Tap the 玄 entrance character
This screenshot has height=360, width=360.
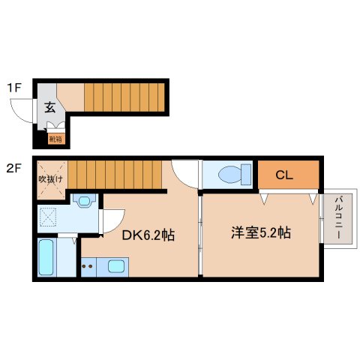tap(49, 107)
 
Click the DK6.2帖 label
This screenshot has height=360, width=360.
tap(148, 235)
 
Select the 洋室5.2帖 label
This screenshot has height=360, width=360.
tap(260, 233)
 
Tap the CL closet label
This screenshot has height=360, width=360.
tap(283, 176)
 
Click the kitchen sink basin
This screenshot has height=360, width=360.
tap(117, 265)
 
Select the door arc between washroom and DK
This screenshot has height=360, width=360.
tap(111, 222)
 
